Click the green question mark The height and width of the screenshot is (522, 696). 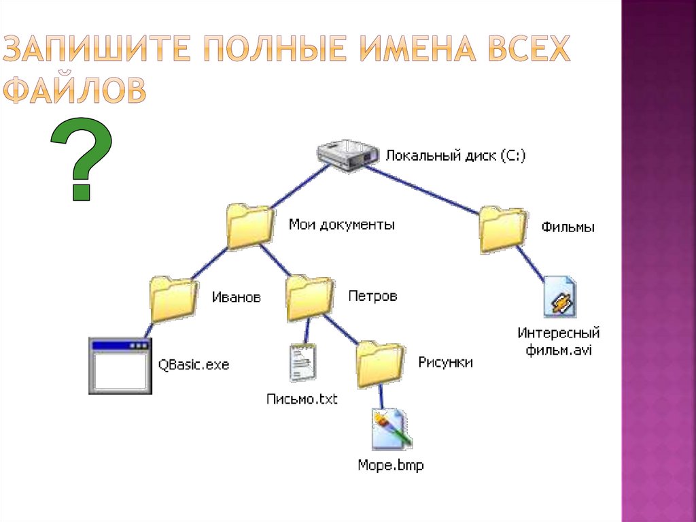(x=81, y=159)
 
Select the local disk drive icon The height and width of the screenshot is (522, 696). (x=347, y=156)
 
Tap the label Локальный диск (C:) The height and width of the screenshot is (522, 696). (x=455, y=155)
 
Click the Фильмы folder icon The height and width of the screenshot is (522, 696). (x=502, y=230)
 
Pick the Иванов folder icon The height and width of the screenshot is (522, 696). (x=173, y=299)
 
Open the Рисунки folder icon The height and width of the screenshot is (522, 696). (x=380, y=364)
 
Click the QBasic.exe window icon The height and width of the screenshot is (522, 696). (x=120, y=365)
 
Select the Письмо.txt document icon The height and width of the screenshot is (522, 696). (x=302, y=363)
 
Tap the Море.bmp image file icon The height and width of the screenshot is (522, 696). (x=391, y=429)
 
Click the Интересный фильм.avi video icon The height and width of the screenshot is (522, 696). (x=560, y=297)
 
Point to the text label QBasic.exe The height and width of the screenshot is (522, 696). (x=194, y=365)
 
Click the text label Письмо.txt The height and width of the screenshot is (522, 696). (x=302, y=399)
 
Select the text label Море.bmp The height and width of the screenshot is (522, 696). (x=391, y=466)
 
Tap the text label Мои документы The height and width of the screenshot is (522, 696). (x=341, y=224)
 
